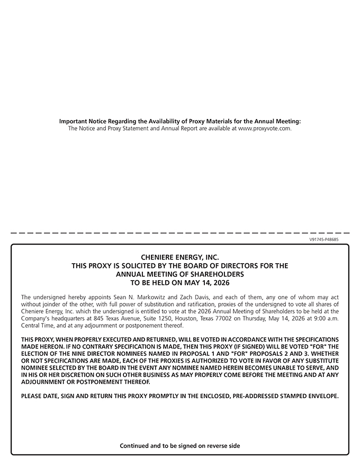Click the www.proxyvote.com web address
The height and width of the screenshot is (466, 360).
[x=264, y=128]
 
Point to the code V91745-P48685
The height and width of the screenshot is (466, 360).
[x=324, y=239]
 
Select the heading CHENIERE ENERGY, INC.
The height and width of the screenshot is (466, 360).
[x=180, y=257]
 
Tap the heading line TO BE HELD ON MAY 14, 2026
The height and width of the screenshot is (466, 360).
[x=180, y=283]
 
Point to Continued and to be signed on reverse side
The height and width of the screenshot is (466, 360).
[x=180, y=446]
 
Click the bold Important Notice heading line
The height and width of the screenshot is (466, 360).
[x=180, y=121]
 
